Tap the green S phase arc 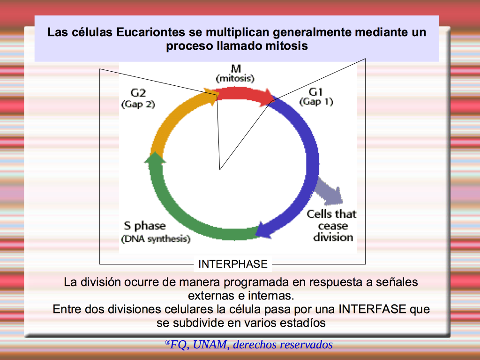(184, 214)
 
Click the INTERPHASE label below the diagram (232, 264)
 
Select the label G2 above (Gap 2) (138, 92)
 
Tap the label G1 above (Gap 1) (316, 91)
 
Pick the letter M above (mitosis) (235, 68)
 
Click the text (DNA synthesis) (156, 239)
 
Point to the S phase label (145, 226)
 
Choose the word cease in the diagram (333, 226)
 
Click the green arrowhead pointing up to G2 (155, 157)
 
